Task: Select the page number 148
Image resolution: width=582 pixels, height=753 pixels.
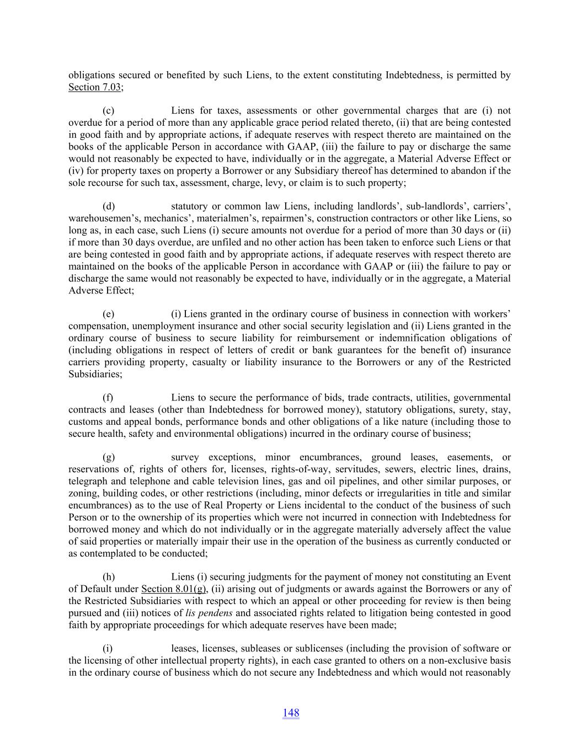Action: [291, 713]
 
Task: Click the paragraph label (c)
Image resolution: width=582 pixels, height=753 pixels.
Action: [109, 111]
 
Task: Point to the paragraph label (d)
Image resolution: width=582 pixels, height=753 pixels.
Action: [109, 206]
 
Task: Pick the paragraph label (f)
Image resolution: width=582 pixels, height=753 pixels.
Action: [108, 398]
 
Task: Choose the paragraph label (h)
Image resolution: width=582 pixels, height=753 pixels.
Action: [109, 577]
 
